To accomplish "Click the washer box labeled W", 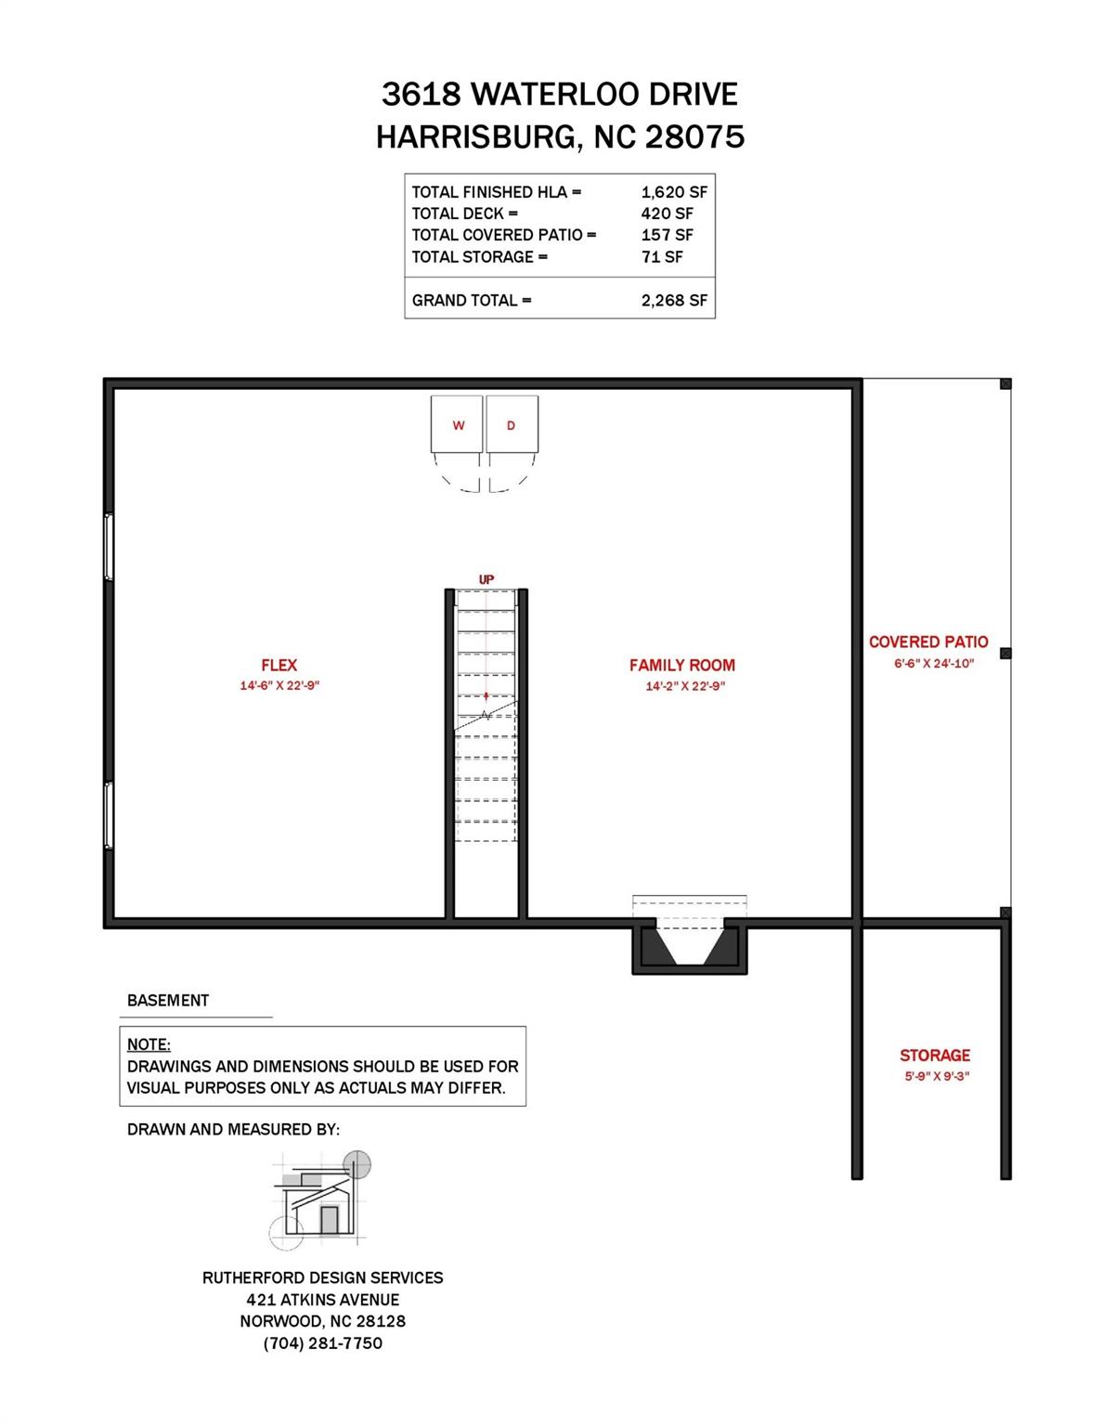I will click(x=457, y=425).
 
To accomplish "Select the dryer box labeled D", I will click(x=512, y=425).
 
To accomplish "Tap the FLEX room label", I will click(x=279, y=665).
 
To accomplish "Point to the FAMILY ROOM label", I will click(x=681, y=665).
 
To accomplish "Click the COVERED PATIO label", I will click(x=928, y=642).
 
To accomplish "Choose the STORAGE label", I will click(x=934, y=1056).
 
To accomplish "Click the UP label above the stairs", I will click(x=486, y=579).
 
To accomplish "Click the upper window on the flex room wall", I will click(x=109, y=548).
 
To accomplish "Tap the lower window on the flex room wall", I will click(x=109, y=815).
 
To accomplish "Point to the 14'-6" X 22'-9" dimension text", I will click(x=279, y=686).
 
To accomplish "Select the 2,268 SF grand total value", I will click(x=674, y=301).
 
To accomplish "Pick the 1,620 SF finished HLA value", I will click(x=674, y=192).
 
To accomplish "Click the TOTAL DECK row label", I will click(x=465, y=214).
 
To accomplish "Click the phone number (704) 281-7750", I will click(x=322, y=1343).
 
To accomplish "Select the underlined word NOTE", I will click(x=149, y=1044).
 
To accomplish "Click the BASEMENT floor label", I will click(x=168, y=1000).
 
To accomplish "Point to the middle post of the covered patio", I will click(x=1005, y=654).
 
